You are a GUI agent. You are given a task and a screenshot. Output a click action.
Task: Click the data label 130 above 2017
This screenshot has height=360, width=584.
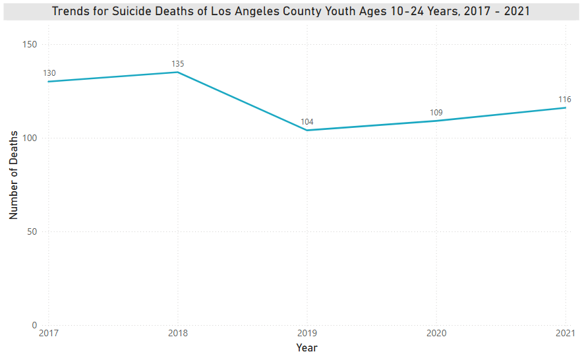49,73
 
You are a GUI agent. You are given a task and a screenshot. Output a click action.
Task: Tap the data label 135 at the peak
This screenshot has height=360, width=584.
178,64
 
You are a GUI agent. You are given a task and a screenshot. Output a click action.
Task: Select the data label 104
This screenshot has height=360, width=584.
307,122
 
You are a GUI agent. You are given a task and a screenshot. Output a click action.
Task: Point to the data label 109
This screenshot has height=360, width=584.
436,113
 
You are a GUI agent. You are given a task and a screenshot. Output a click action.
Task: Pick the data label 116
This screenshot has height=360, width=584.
564,100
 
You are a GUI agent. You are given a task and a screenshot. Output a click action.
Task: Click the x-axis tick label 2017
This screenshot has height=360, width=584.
48,334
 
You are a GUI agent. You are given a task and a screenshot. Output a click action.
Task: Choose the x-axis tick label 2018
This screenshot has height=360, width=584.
177,334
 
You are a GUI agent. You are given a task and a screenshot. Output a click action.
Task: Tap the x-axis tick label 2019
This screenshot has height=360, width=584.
307,334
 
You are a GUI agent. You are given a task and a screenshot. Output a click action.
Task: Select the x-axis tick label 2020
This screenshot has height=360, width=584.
436,334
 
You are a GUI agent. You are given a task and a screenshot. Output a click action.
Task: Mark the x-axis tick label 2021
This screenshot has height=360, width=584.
564,334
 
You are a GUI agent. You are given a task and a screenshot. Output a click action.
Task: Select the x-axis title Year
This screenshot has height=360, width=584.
307,347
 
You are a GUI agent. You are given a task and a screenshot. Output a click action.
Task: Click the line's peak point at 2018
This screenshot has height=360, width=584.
178,73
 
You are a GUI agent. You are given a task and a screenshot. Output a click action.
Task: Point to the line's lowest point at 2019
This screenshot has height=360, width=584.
307,130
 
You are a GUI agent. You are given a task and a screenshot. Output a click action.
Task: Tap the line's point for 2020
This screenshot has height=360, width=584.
436,121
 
